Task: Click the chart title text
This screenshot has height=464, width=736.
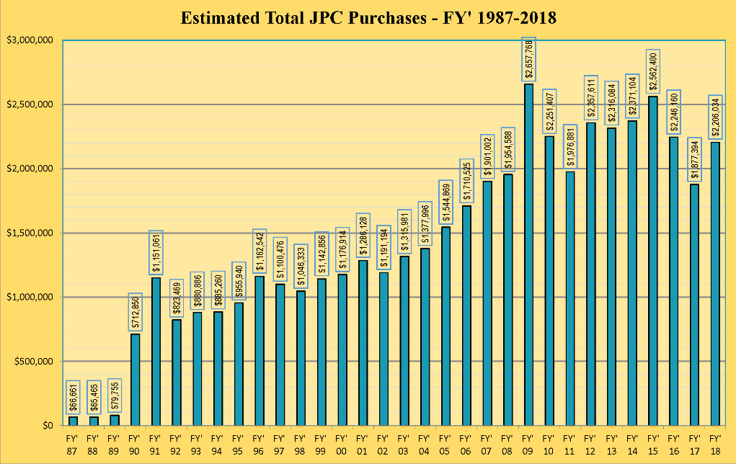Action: point(368,17)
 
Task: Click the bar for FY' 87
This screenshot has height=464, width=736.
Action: point(73,421)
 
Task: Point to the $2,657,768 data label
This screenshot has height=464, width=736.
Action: point(528,60)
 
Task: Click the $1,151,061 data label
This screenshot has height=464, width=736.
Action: point(156,253)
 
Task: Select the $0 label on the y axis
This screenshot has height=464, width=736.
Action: point(48,425)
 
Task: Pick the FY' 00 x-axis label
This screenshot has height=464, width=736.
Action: point(342,443)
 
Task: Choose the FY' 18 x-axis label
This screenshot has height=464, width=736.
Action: point(714,443)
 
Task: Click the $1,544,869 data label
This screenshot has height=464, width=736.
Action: point(445,202)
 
